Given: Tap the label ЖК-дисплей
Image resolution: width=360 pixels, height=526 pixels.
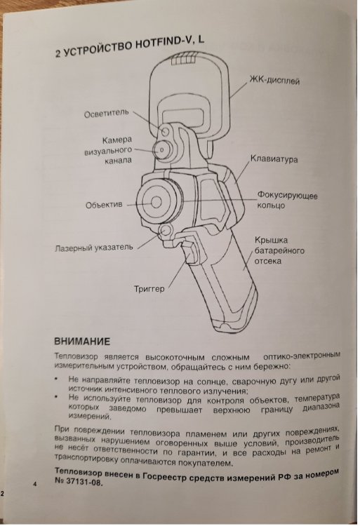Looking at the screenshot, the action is point(274,80).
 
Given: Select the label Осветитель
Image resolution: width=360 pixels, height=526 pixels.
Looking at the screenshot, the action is point(107,114).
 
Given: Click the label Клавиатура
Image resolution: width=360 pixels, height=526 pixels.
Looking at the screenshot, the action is point(274,159).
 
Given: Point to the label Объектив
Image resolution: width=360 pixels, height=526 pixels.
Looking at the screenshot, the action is point(104,205).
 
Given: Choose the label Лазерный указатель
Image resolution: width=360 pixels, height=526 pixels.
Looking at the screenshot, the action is point(94,248).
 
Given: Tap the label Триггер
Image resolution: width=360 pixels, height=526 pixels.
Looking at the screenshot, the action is point(149,288).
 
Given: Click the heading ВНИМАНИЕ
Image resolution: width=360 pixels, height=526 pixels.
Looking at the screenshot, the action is point(82,342).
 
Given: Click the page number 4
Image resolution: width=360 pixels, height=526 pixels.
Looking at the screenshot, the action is point(35,484).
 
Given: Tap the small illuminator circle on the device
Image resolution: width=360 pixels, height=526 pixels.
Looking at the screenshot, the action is point(165,131).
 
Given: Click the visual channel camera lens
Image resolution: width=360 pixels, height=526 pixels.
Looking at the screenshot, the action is point(161,149).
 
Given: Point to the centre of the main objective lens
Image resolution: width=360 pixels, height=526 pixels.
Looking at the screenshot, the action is point(156,202).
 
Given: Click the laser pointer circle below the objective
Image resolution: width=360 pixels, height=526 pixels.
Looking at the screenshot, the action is point(166,231).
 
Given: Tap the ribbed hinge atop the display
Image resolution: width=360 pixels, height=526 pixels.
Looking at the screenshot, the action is point(184,60).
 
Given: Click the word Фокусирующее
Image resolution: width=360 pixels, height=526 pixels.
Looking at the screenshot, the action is point(287,195).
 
